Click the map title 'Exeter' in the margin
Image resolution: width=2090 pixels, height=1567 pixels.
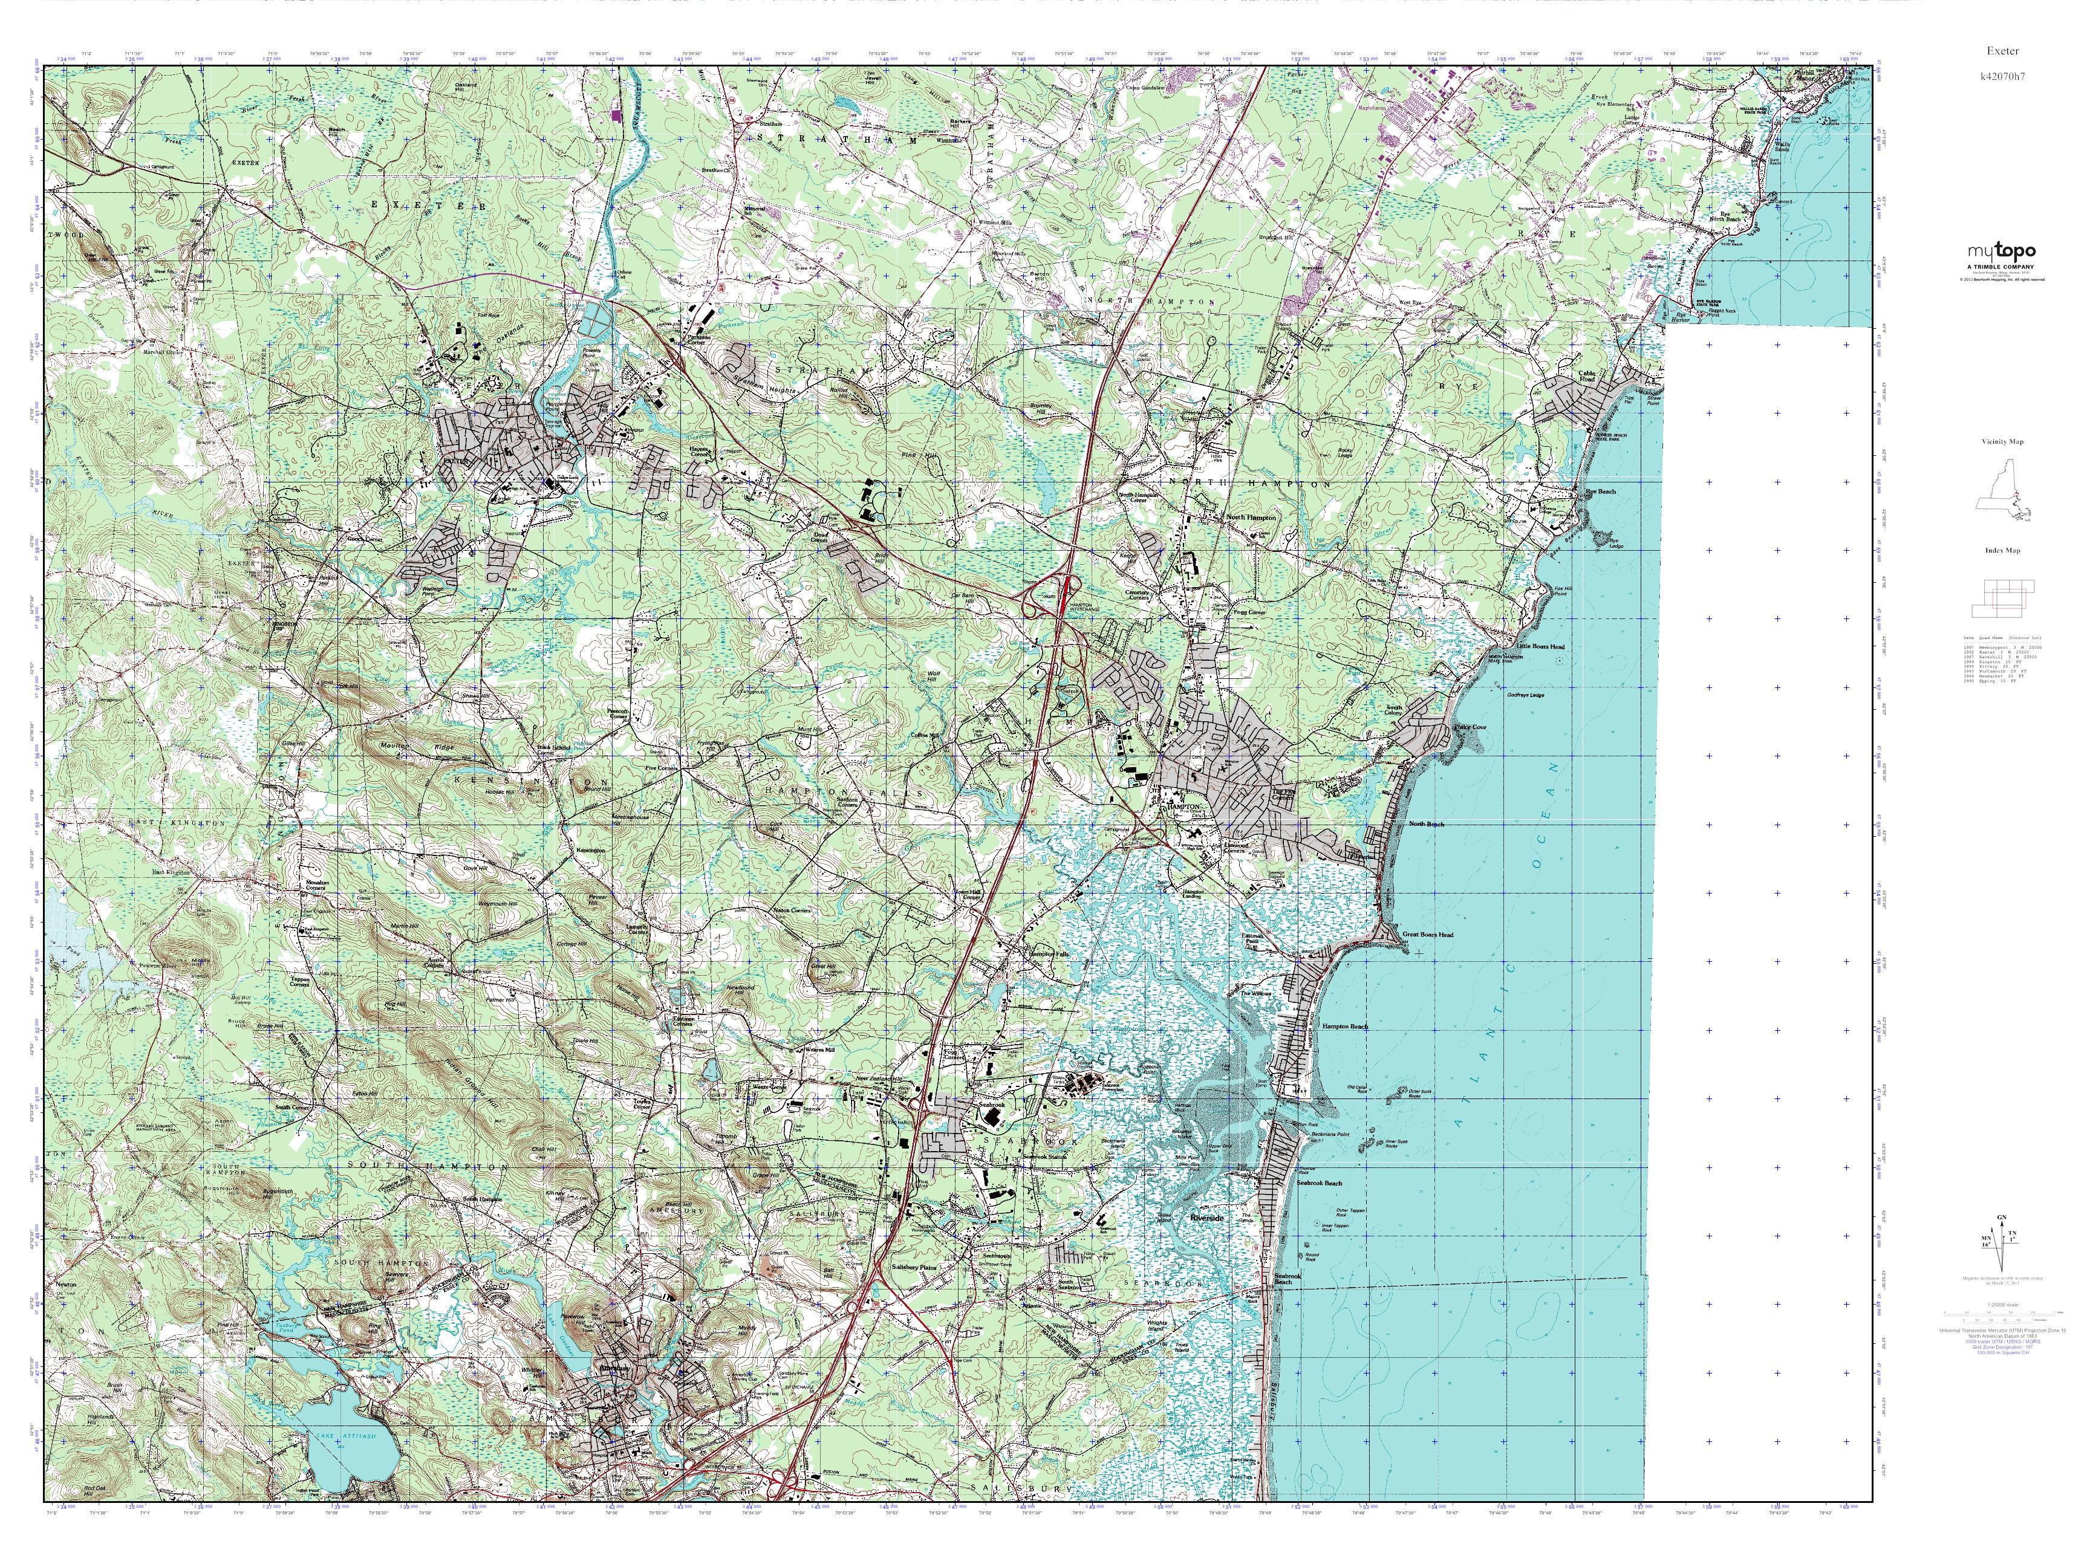click(x=1999, y=51)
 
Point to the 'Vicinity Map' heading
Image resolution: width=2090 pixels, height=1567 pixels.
click(x=2002, y=441)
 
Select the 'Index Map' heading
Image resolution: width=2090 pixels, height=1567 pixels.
click(x=2002, y=550)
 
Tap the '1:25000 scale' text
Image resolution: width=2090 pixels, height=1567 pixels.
click(x=2001, y=1305)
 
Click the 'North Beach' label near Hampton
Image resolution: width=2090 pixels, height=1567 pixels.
click(x=1426, y=823)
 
